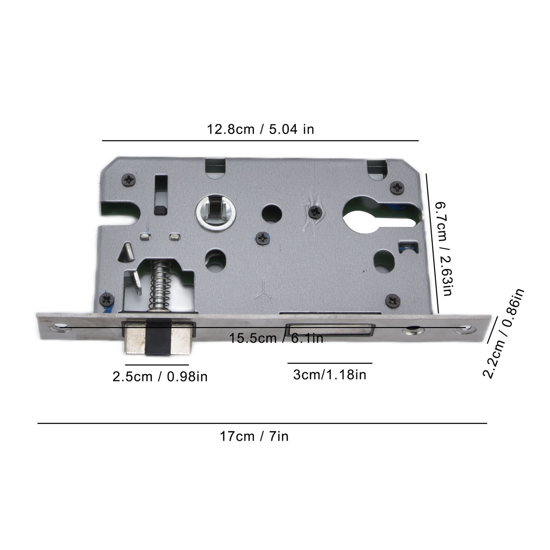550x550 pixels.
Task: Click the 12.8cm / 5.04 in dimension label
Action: [x=260, y=130]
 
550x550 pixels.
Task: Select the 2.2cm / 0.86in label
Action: [x=504, y=333]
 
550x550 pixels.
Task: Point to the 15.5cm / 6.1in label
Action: [x=276, y=338]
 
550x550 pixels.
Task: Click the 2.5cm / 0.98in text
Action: [x=160, y=377]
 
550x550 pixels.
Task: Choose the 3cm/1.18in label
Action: [x=330, y=375]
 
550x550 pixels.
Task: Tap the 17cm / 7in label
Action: [x=254, y=437]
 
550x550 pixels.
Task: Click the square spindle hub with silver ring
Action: [x=216, y=213]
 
